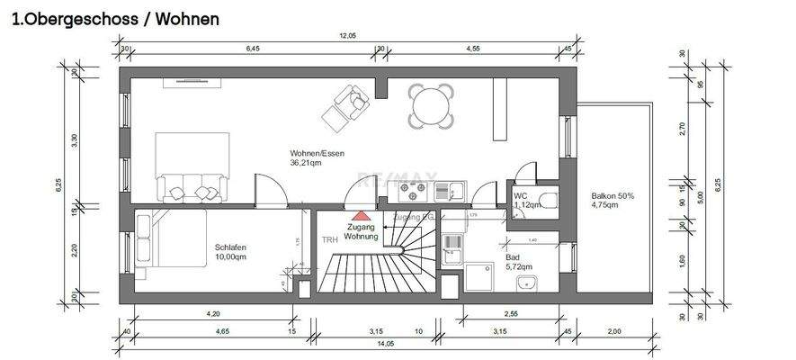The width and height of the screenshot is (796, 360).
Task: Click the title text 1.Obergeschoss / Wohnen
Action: click(114, 19)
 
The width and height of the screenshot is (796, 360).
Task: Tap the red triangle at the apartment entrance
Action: click(360, 216)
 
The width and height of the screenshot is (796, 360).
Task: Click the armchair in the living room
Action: click(349, 105)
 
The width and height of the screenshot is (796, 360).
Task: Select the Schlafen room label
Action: click(230, 247)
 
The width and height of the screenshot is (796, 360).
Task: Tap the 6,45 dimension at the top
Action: click(255, 49)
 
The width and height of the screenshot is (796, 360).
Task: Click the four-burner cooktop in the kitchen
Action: click(414, 191)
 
